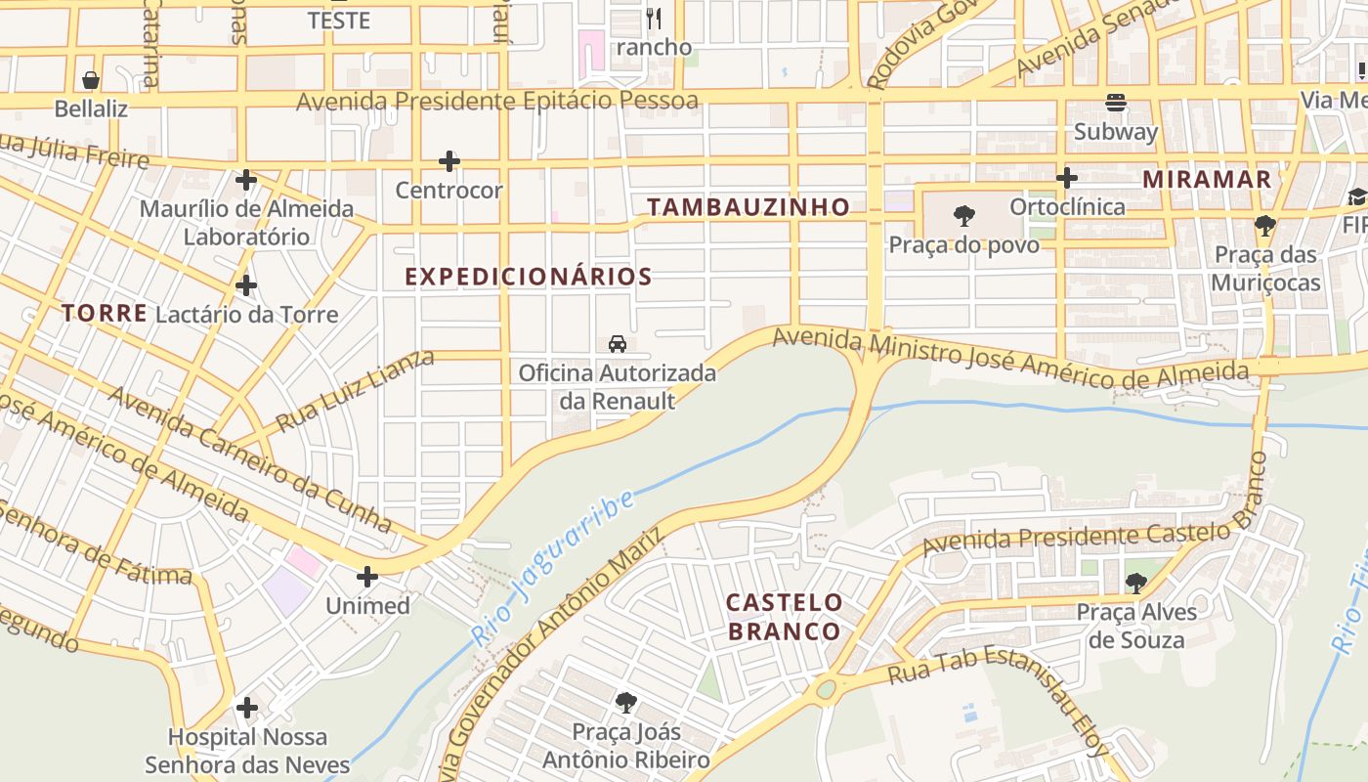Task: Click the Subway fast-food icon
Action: point(1115,103)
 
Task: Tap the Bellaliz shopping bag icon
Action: point(91,80)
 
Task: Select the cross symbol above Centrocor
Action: point(449,161)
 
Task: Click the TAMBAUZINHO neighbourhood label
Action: point(748,207)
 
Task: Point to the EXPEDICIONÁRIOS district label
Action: point(529,277)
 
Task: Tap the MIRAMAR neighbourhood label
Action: point(1207,180)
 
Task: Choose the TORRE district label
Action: point(105,314)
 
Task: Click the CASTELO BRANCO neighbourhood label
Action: point(784,617)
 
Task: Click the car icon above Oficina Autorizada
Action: point(618,343)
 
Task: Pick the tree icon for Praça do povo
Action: point(964,215)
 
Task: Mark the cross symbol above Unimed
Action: point(367,577)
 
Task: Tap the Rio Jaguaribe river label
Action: point(552,568)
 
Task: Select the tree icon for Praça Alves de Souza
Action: point(1135,584)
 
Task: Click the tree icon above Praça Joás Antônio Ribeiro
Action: point(626,703)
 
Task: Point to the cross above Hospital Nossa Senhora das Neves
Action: point(247,708)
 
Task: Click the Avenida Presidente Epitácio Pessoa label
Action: point(497,102)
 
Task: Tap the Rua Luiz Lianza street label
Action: point(355,391)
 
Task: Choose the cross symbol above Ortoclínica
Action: point(1067,178)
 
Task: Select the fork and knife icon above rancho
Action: point(654,19)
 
